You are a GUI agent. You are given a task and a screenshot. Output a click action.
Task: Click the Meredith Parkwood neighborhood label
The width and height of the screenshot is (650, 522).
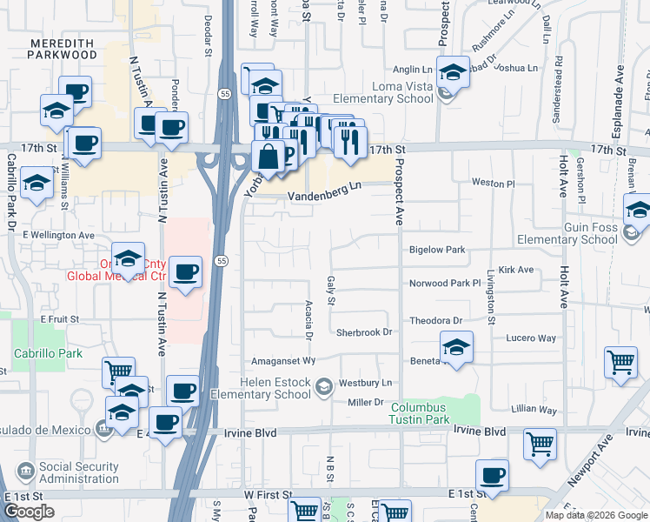pyautogui.click(x=63, y=48)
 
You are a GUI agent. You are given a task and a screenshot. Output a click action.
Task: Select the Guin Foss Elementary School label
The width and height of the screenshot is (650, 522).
pyautogui.click(x=579, y=233)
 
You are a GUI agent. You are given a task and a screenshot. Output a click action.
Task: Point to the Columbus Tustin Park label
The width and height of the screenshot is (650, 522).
pyautogui.click(x=420, y=413)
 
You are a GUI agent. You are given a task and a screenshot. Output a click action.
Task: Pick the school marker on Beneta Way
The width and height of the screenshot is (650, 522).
pyautogui.click(x=456, y=346)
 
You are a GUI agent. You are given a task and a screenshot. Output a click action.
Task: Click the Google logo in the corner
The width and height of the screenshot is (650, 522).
pyautogui.click(x=30, y=512)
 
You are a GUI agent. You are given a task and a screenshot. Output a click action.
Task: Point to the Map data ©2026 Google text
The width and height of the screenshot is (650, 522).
pyautogui.click(x=595, y=515)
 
